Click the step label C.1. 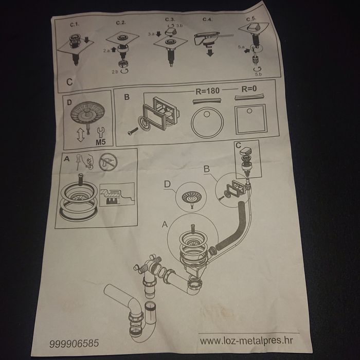click(75, 25)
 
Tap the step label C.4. click(207, 20)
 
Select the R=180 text click(207, 91)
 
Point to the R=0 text click(249, 88)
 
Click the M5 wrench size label click(101, 142)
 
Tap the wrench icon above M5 click(101, 133)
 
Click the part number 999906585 click(74, 344)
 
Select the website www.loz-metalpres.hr click(246, 340)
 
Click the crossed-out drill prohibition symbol click(108, 162)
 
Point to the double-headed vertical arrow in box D click(81, 135)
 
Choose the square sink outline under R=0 click(251, 119)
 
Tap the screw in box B click(133, 131)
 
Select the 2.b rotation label click(115, 72)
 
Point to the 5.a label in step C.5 click(241, 47)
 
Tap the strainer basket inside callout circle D click(191, 197)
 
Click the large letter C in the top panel click(69, 82)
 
